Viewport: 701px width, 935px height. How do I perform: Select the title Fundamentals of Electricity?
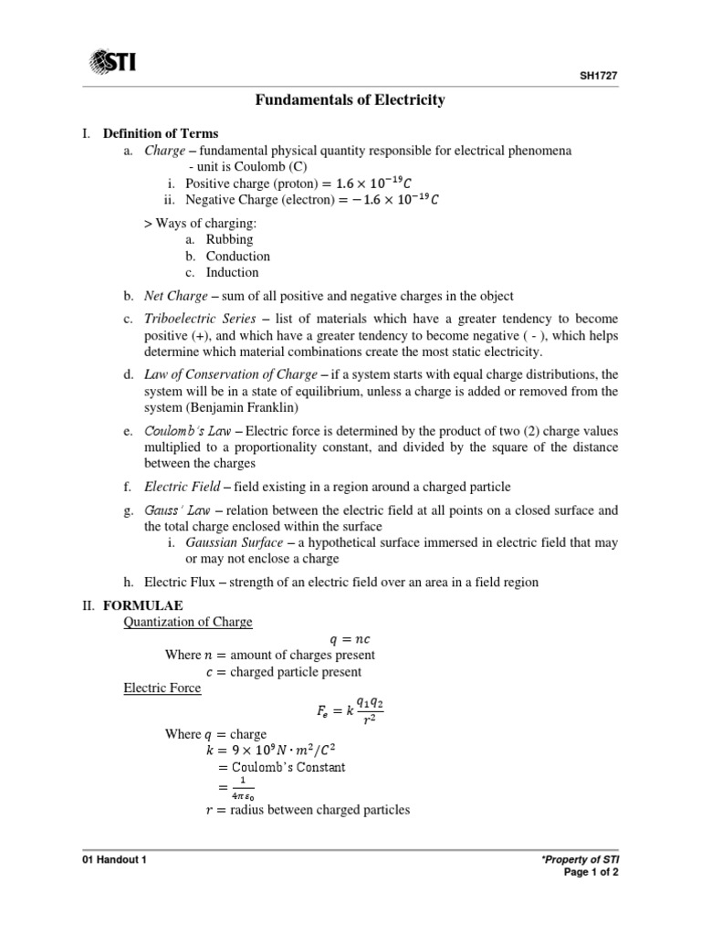click(350, 100)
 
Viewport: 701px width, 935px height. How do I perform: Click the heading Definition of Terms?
click(161, 134)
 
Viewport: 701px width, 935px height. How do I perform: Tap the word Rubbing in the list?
click(229, 239)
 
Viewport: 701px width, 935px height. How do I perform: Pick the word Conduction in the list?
click(237, 256)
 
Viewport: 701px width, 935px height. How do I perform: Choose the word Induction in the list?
click(232, 272)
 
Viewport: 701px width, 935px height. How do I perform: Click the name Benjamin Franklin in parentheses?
click(239, 406)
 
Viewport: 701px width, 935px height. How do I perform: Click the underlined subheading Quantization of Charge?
click(188, 622)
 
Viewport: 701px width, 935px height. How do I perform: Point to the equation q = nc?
click(349, 639)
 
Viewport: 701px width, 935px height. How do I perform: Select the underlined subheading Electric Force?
click(162, 688)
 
